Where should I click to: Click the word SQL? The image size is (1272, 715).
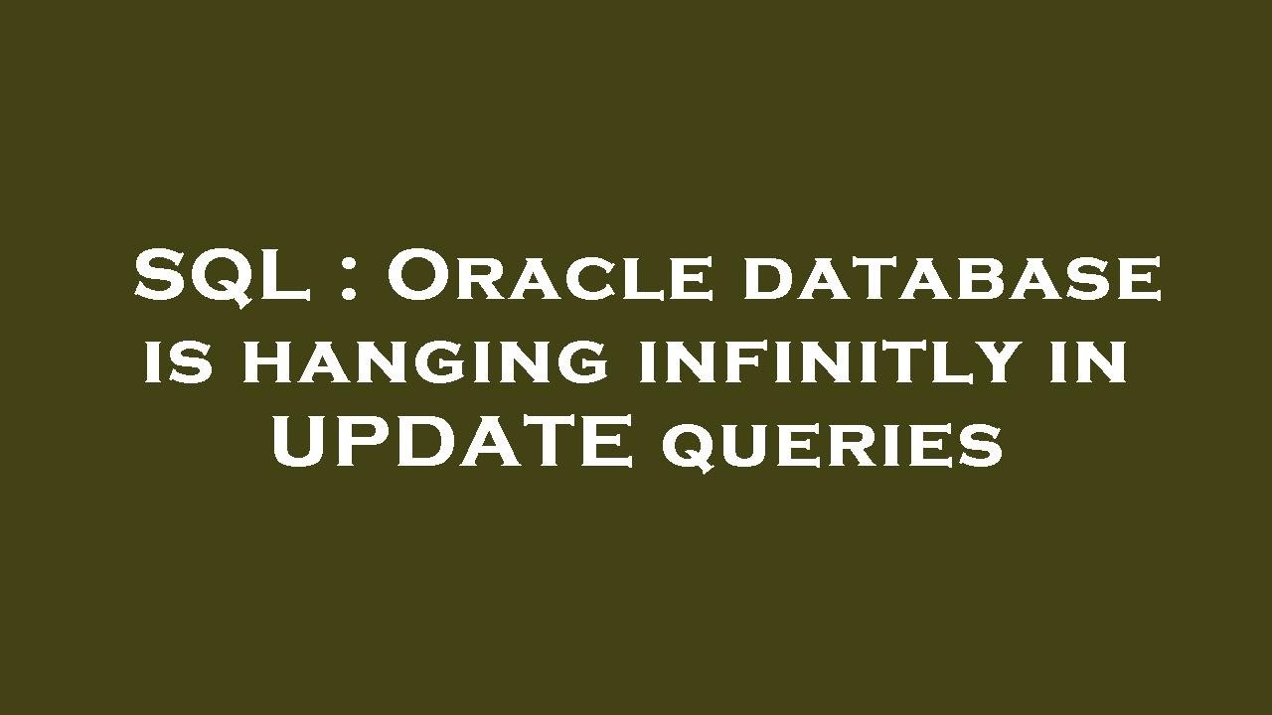coord(236,277)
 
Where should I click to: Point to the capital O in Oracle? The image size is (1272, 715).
coord(415,277)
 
